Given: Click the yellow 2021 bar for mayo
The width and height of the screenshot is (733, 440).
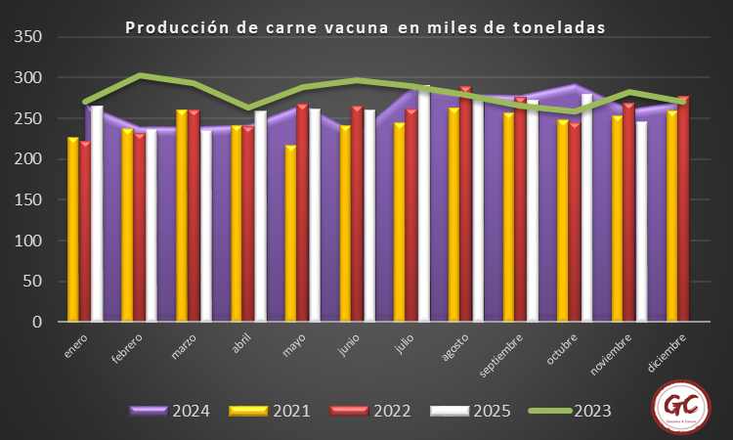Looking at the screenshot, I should pos(290,235).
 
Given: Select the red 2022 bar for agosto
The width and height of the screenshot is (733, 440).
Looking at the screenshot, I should pos(466,205).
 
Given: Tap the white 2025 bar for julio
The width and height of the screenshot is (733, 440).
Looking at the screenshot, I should pos(424,205).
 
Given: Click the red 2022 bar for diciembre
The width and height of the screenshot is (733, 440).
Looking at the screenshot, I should pos(682,209).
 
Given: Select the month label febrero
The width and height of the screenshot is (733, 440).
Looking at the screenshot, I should pos(128,349).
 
